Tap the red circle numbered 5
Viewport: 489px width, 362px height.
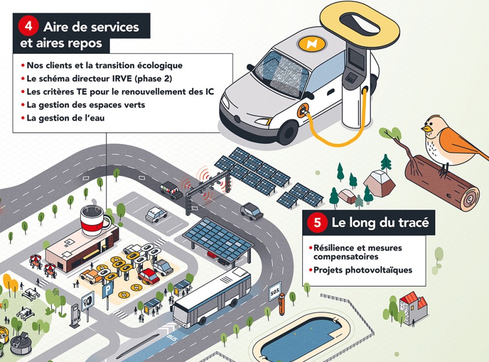[317, 224]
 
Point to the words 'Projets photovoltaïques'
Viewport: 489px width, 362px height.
[355, 270]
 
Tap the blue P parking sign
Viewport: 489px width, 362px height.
[106, 291]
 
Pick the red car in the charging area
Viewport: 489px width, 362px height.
[148, 275]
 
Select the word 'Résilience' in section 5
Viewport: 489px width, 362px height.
[330, 248]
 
